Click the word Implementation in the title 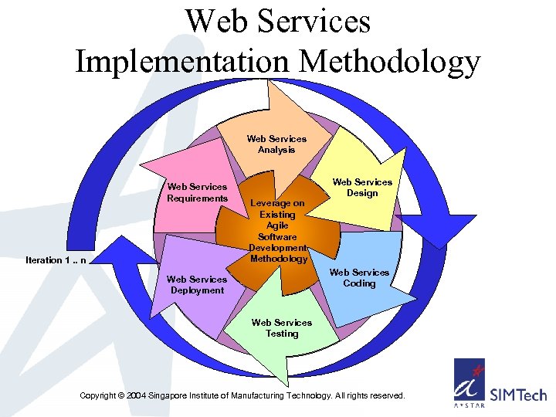[x=182, y=61]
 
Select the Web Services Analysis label [x=276, y=144]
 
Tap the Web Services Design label [x=362, y=188]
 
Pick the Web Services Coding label [x=360, y=278]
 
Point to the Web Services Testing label [x=282, y=328]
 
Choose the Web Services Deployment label [x=197, y=285]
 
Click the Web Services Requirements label [x=198, y=192]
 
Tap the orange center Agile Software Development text [x=278, y=231]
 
